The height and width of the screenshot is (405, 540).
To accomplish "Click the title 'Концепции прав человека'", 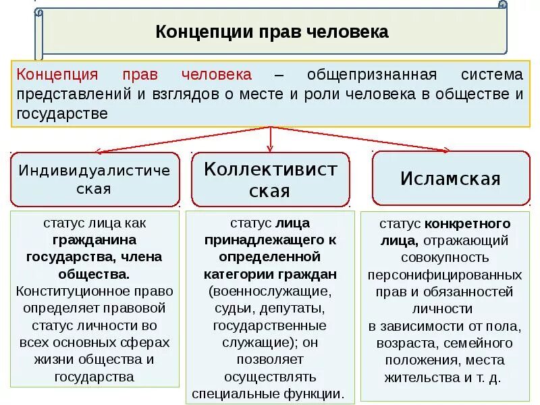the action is coord(272,31).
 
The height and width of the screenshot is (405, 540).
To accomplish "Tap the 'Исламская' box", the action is coord(450,179).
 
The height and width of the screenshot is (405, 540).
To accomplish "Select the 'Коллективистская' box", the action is coord(270,180).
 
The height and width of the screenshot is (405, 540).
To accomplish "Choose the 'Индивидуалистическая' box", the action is coord(94,179).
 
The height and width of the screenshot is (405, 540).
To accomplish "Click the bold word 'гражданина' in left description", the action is coord(94,240).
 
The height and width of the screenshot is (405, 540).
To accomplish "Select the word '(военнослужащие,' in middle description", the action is coord(270,292).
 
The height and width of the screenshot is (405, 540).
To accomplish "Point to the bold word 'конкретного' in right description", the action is coord(467,223).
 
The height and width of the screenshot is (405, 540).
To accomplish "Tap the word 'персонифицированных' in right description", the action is coord(445,275).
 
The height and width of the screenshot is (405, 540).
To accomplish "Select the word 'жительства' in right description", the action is coord(417,377).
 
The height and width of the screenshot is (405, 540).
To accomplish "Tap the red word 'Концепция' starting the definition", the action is coord(57,74).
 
